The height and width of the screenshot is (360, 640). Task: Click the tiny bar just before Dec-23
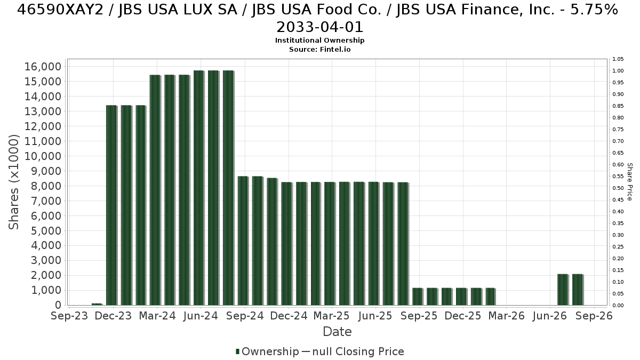pyautogui.click(x=97, y=305)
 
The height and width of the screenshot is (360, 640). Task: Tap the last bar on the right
pyautogui.click(x=578, y=290)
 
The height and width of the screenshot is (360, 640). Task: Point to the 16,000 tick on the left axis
pyautogui.click(x=43, y=67)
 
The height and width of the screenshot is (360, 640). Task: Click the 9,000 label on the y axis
pyautogui.click(x=46, y=171)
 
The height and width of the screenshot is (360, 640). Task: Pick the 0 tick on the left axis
pyautogui.click(x=58, y=305)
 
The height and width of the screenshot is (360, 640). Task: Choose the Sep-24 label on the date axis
pyautogui.click(x=245, y=316)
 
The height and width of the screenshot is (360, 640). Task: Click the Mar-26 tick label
pyautogui.click(x=507, y=316)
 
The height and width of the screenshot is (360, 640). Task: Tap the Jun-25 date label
pyautogui.click(x=375, y=316)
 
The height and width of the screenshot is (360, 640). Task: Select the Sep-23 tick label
pyautogui.click(x=69, y=316)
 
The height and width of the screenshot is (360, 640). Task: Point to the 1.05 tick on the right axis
pyautogui.click(x=618, y=59)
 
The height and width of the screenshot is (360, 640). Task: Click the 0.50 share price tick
pyautogui.click(x=618, y=188)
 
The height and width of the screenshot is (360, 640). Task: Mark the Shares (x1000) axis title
pyautogui.click(x=14, y=182)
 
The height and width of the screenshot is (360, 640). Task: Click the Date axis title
pyautogui.click(x=337, y=332)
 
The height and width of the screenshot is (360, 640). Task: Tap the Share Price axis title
pyautogui.click(x=630, y=182)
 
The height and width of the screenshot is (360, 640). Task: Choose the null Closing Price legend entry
pyautogui.click(x=353, y=351)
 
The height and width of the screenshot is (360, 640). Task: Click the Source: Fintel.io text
pyautogui.click(x=319, y=50)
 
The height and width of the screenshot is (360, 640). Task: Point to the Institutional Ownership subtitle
pyautogui.click(x=319, y=41)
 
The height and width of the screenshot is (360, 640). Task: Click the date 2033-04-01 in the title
pyautogui.click(x=319, y=27)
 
